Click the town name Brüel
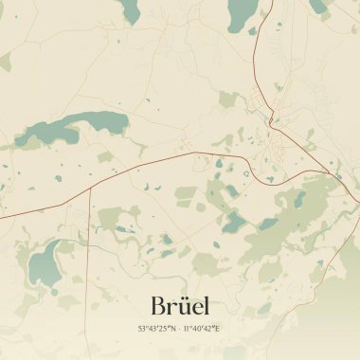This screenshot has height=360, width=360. [180, 305]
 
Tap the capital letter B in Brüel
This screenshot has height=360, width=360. [159, 305]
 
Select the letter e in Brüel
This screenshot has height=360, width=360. [195, 308]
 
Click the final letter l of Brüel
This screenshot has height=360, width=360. [206, 305]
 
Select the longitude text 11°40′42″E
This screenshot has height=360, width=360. [201, 329]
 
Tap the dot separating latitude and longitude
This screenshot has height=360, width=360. [180, 329]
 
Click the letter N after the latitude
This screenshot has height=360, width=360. [172, 329]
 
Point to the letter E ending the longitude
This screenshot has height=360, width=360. [217, 329]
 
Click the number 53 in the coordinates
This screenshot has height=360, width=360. [141, 329]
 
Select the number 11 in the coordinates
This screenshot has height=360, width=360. [187, 329]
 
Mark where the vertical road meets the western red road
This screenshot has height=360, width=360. [90, 188]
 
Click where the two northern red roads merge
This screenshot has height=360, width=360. [270, 119]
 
